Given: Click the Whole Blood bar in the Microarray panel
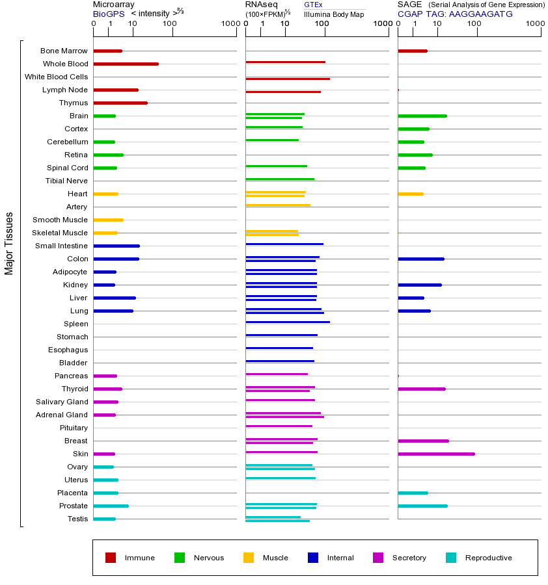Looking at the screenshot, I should [x=126, y=64].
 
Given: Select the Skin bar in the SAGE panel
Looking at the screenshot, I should [x=436, y=454].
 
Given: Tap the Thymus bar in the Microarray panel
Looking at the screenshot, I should [x=120, y=103].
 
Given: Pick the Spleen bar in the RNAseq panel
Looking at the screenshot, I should [x=288, y=322].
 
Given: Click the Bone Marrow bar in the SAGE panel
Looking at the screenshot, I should [x=412, y=51].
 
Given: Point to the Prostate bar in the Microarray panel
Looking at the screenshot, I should [x=111, y=506].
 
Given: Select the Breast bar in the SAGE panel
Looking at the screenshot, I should [x=423, y=441].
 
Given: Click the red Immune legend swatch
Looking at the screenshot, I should [x=111, y=558].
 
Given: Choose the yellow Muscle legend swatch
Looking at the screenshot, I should [x=249, y=558].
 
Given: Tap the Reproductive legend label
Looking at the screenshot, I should [x=488, y=558].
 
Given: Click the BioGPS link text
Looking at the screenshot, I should [x=108, y=14].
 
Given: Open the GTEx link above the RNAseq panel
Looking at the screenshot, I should [x=313, y=5].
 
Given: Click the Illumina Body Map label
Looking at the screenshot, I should [x=334, y=14].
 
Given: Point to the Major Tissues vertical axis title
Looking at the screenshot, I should [x=9, y=243].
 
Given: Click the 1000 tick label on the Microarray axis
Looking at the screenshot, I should [x=230, y=24].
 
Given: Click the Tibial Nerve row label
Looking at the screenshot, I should [x=66, y=181].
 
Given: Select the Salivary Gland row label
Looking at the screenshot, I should [x=62, y=402].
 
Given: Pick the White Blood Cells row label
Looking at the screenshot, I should [x=56, y=77].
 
